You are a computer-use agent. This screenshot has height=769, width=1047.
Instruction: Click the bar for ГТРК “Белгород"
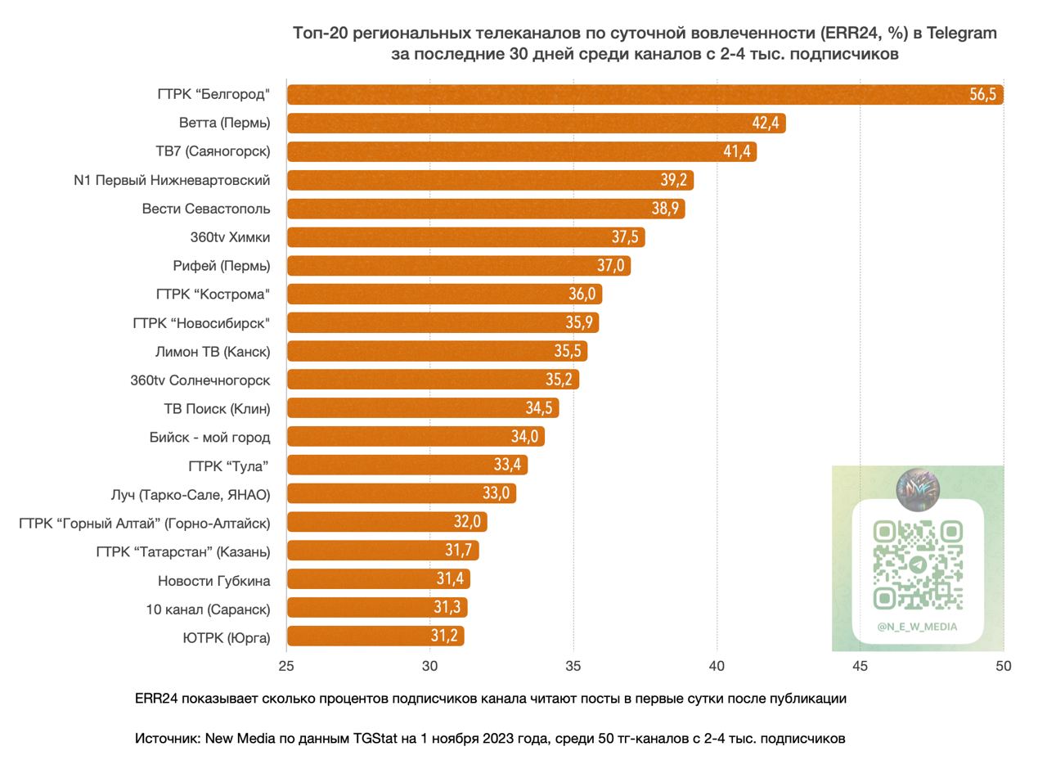pos(645,94)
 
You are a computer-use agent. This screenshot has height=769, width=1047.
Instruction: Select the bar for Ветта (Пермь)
pos(536,123)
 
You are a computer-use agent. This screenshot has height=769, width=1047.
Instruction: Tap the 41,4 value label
pos(737,151)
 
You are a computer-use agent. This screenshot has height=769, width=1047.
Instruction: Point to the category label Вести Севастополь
pos(205,209)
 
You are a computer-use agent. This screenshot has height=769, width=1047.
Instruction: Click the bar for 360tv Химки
pos(466,237)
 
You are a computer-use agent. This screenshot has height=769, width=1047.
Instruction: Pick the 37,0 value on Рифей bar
pos(610,266)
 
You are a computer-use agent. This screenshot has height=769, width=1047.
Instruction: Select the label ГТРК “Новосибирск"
pos(201,323)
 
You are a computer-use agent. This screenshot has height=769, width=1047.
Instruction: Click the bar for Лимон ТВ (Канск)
pos(437,351)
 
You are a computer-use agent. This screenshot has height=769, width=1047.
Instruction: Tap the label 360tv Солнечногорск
pos(200,380)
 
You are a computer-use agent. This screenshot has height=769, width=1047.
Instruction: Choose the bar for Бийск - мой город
pos(416,437)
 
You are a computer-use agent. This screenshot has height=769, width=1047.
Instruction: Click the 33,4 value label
pos(507,465)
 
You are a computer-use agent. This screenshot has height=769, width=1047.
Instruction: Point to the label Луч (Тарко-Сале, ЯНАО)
pos(191,495)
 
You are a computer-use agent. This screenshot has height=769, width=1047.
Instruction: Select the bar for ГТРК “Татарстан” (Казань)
pos(383,551)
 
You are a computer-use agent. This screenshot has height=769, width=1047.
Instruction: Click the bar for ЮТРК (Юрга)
pos(375,636)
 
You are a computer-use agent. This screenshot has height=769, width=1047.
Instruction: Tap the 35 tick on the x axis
pos(573,666)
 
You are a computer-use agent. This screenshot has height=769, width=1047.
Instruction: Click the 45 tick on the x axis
pos(860,666)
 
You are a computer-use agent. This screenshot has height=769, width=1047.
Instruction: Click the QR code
pos(918,565)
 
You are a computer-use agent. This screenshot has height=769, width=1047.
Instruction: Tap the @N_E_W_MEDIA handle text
pos(917,627)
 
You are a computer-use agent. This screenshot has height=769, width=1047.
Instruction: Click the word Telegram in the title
pos(961,34)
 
